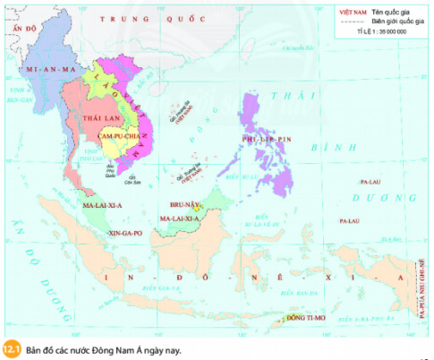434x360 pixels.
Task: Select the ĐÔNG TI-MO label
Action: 304,318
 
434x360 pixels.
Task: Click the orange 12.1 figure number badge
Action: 12,348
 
